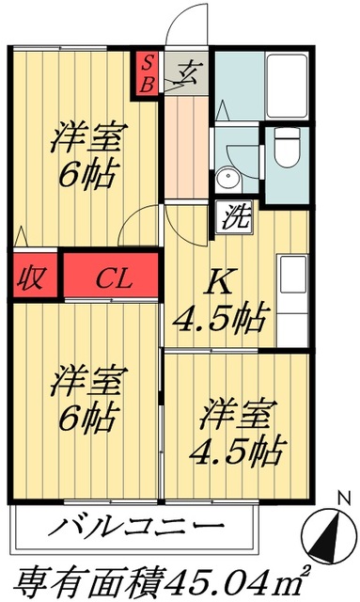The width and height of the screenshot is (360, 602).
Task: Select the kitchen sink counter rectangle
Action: [x=288, y=277]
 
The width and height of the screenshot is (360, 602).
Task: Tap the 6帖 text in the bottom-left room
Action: [x=85, y=413]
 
